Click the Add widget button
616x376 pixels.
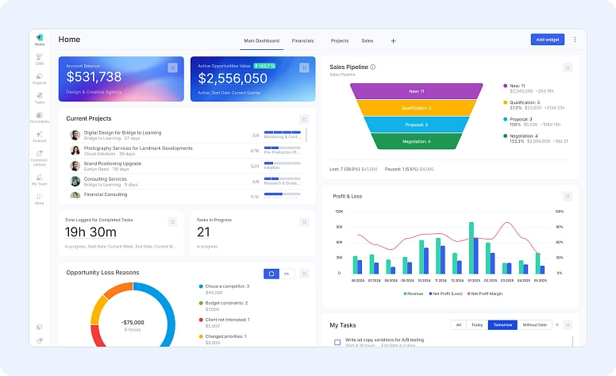click(x=547, y=40)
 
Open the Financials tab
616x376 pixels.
click(x=302, y=40)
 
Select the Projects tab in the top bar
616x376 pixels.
click(x=340, y=40)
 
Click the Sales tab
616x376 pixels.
click(x=368, y=40)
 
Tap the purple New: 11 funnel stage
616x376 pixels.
click(x=417, y=91)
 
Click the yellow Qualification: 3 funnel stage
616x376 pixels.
click(x=417, y=108)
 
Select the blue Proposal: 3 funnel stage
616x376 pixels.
click(x=417, y=125)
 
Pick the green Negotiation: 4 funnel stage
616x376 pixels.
click(x=417, y=141)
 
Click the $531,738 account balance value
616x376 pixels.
click(x=94, y=77)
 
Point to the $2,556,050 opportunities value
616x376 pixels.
click(x=233, y=79)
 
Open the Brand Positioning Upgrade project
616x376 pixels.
click(x=112, y=163)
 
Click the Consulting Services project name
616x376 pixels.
click(x=105, y=178)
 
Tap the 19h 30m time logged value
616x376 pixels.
click(x=90, y=232)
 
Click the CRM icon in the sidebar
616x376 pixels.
click(x=40, y=59)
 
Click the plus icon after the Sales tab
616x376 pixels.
click(x=393, y=40)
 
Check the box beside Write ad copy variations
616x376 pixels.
click(x=337, y=342)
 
